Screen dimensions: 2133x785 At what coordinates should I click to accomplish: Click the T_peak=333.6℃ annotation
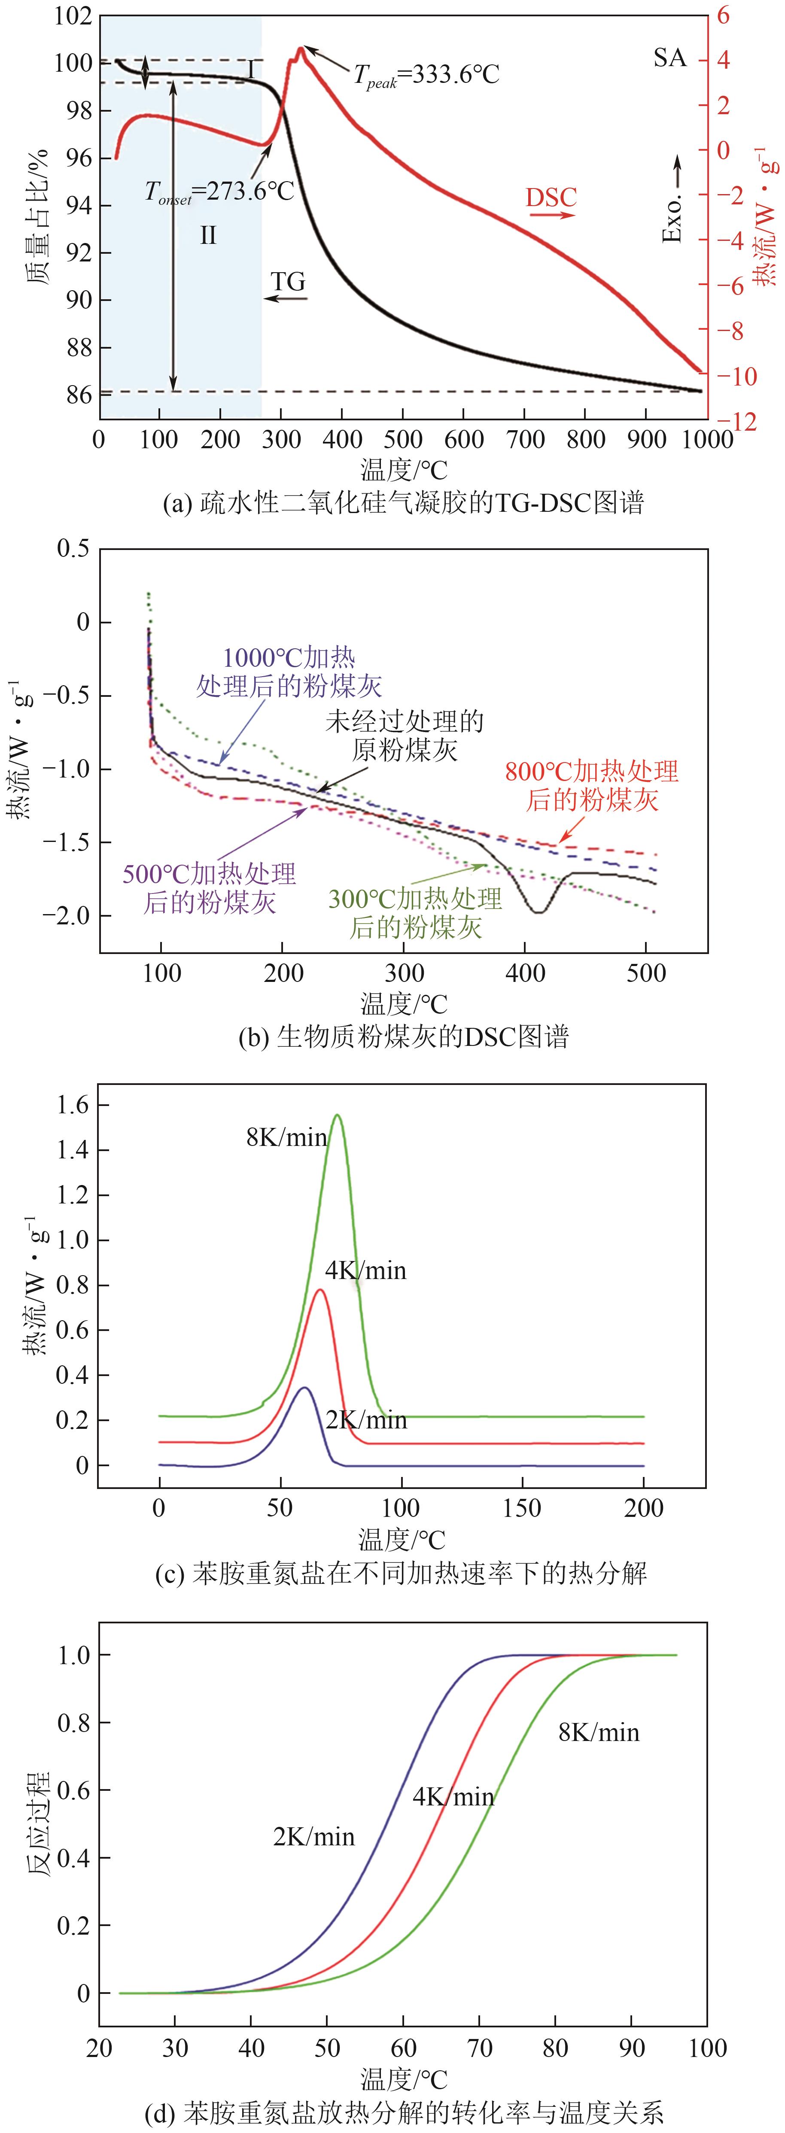click(x=426, y=76)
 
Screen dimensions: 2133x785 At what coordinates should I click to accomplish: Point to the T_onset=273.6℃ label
click(x=219, y=192)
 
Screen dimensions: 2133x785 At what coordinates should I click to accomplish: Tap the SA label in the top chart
click(x=669, y=58)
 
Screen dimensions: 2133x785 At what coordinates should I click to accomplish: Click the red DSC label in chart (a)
click(x=551, y=198)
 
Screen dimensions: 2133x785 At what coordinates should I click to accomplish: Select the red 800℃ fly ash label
click(x=591, y=785)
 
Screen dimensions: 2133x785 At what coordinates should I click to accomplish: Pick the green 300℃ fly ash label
click(x=415, y=912)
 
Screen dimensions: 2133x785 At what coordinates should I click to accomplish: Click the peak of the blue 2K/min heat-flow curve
click(x=304, y=1387)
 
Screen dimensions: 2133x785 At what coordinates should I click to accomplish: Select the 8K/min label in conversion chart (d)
click(x=599, y=1733)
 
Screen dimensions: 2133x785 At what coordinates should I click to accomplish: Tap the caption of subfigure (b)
click(x=403, y=1037)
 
